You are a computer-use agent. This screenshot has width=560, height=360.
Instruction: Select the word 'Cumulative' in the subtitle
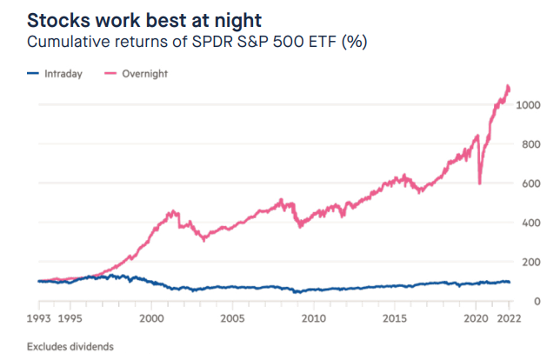70,42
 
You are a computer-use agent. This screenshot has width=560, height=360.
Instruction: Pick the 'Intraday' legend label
64,74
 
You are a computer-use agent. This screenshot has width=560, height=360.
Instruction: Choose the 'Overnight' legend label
143,74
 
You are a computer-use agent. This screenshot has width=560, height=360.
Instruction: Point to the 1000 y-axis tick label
528,105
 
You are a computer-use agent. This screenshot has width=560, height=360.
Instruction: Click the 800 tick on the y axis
531,144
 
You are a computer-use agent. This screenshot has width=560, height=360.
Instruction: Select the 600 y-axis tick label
531,183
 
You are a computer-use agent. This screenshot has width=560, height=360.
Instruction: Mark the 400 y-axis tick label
531,223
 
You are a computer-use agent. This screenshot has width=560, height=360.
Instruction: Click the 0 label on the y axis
537,301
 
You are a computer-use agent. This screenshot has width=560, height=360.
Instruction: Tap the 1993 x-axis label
39,317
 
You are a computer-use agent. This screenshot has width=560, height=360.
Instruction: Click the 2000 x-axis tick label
151,317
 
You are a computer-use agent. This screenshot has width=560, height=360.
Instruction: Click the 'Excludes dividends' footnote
70,346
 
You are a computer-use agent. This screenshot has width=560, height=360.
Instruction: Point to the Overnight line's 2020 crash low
480,183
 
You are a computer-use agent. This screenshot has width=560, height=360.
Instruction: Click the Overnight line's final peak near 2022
508,86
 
